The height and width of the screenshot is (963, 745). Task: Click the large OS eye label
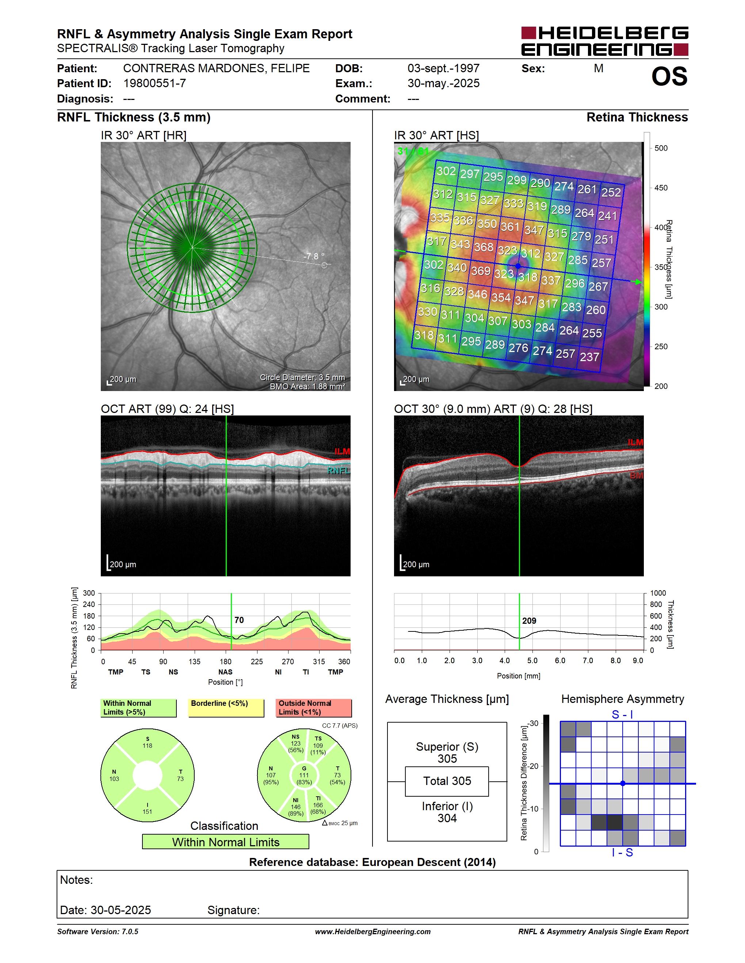pyautogui.click(x=669, y=76)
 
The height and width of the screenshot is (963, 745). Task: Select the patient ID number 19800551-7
pyautogui.click(x=154, y=83)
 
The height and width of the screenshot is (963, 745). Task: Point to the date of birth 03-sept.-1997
pyautogui.click(x=443, y=68)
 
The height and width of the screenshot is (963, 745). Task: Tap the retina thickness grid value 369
pyautogui.click(x=481, y=270)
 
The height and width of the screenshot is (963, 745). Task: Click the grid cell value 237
pyautogui.click(x=589, y=357)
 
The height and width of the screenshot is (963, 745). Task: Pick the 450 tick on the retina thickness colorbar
pyautogui.click(x=661, y=188)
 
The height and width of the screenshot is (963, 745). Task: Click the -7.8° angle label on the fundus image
pyautogui.click(x=314, y=256)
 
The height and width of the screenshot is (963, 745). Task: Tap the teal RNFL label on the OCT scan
pyautogui.click(x=339, y=471)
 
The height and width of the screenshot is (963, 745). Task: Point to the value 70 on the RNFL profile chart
pyautogui.click(x=239, y=620)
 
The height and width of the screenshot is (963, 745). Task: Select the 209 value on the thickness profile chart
pyautogui.click(x=529, y=621)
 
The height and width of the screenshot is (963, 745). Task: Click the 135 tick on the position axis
pyautogui.click(x=194, y=661)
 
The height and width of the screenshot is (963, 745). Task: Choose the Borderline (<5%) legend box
pyautogui.click(x=226, y=708)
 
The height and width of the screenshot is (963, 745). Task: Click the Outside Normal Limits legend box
pyautogui.click(x=314, y=708)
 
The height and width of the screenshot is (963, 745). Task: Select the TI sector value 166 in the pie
pyautogui.click(x=318, y=805)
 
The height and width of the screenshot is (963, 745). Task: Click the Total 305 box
pyautogui.click(x=447, y=781)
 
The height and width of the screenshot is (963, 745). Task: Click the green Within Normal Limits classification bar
pyautogui.click(x=226, y=842)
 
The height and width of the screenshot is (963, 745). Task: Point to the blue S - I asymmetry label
pyautogui.click(x=622, y=715)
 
